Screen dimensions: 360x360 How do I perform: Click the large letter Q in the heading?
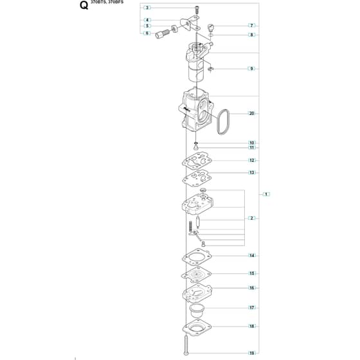click(84, 5)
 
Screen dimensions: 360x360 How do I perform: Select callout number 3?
click(147, 8)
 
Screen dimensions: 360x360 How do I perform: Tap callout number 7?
click(251, 26)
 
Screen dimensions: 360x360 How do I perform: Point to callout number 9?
click(251, 69)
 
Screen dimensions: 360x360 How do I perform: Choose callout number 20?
click(252, 113)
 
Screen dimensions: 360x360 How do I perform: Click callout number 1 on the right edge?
click(266, 194)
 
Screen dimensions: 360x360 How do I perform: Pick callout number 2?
click(251, 218)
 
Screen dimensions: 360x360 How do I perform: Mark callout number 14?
click(252, 256)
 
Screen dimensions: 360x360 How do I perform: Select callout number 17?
click(252, 308)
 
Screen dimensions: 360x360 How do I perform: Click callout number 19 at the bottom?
click(252, 353)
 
